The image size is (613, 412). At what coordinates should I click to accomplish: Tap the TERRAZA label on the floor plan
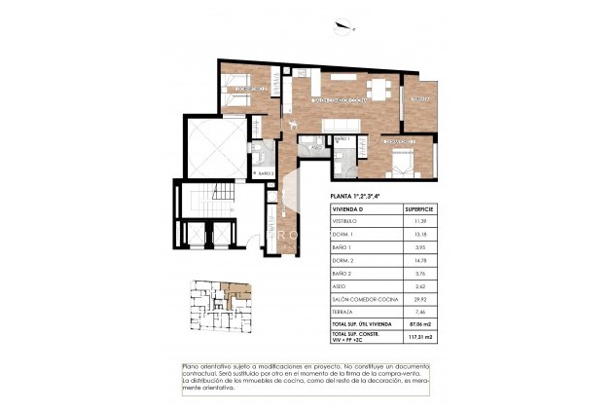pos(419,99)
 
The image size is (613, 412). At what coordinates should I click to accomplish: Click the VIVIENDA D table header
pos(349,209)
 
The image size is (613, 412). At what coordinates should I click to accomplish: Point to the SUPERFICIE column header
pos(419,209)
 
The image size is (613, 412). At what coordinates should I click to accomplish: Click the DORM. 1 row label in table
pos(344,235)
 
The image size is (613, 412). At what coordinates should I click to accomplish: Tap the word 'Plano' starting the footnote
pos(191,365)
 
